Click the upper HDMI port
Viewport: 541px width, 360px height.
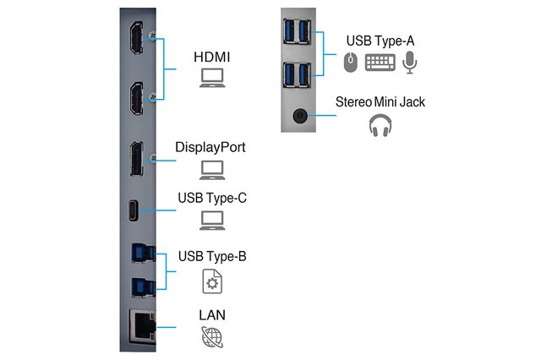pos(137,38)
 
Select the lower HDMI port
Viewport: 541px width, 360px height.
pos(137,99)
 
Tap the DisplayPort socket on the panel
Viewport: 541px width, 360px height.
pos(137,159)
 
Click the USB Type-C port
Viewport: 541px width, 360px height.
pos(134,210)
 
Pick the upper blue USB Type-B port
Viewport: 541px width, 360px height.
pos(143,254)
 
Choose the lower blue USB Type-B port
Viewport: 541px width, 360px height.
pos(143,287)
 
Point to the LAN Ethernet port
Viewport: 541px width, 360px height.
pos(143,326)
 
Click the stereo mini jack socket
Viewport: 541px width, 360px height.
pos(300,116)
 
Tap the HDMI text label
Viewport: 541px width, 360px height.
pos(212,57)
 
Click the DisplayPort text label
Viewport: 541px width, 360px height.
pos(210,147)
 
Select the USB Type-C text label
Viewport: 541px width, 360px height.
pos(212,198)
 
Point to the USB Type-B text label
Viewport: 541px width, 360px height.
pos(212,256)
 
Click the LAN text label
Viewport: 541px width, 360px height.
pos(212,315)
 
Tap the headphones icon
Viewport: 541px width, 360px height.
pos(380,126)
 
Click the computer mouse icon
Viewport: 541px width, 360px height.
pos(351,63)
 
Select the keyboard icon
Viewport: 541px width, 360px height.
pos(380,63)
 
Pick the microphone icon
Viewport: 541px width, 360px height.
pos(409,63)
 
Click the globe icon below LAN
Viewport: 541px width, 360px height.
pos(212,337)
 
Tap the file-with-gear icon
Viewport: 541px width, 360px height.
pos(212,281)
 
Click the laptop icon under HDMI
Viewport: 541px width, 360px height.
pos(212,78)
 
